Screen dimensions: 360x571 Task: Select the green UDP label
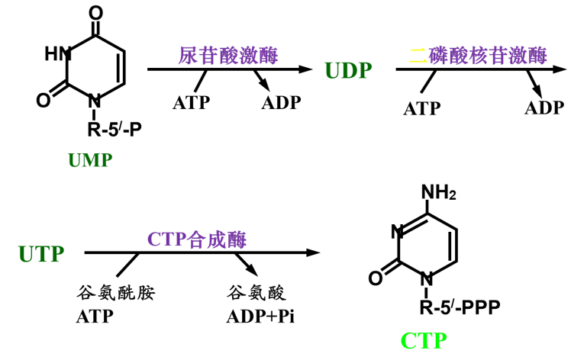click(x=348, y=71)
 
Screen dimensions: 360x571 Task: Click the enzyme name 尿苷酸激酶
click(x=228, y=55)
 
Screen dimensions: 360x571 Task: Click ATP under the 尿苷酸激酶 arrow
click(x=192, y=103)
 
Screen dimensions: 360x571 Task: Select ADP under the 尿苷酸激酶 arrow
click(x=281, y=103)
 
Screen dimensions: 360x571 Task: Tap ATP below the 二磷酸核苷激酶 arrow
click(x=421, y=108)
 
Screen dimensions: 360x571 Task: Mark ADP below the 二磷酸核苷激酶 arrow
click(x=544, y=108)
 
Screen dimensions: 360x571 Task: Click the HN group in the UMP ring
click(x=57, y=53)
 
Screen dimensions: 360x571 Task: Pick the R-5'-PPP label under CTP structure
click(x=455, y=308)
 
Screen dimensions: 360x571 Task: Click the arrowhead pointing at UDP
click(x=305, y=69)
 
